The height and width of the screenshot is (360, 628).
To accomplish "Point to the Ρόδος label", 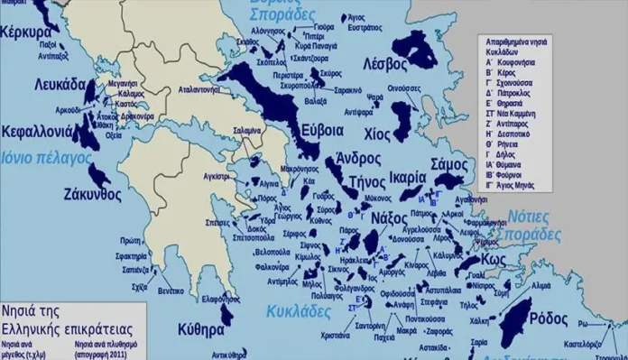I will click(547, 318).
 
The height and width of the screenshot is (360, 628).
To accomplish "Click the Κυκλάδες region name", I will click(299, 311).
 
